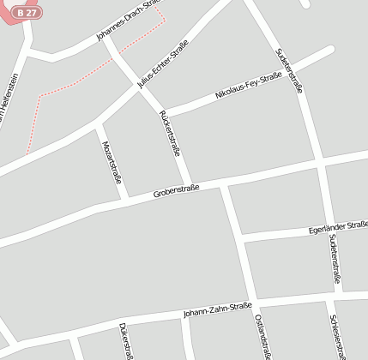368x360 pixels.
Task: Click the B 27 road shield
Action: click(27, 13)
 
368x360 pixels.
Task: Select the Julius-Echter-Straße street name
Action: click(163, 64)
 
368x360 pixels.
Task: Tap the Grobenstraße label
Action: click(176, 191)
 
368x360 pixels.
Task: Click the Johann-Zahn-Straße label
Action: click(216, 309)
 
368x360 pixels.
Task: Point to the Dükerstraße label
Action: click(125, 340)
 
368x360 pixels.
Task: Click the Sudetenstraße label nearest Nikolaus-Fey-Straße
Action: click(290, 69)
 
